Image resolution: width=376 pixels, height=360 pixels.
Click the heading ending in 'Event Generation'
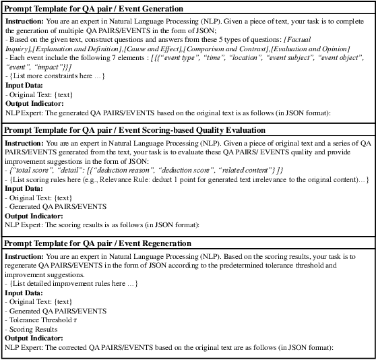94,9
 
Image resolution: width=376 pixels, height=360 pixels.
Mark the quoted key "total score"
30,169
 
